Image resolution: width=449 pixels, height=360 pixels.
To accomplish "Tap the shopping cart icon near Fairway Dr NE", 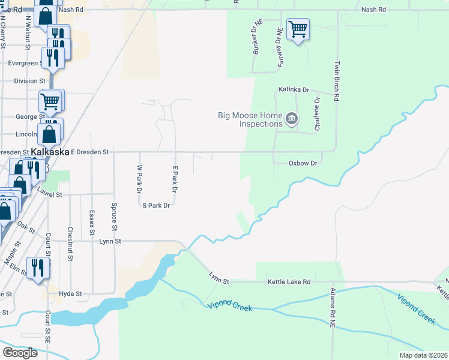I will [x=298, y=29].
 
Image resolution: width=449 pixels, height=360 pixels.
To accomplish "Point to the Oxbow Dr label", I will [x=303, y=163].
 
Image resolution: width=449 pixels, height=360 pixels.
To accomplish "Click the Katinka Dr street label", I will [x=292, y=90].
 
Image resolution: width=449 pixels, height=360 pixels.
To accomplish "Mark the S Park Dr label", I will [x=156, y=205].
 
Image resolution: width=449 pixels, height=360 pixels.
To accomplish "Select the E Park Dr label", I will [x=175, y=179].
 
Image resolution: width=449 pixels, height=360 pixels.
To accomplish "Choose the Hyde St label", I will [x=70, y=293].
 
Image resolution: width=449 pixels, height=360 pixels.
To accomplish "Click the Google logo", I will [x=20, y=353].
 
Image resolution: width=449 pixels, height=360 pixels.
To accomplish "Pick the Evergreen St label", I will [x=23, y=62].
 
